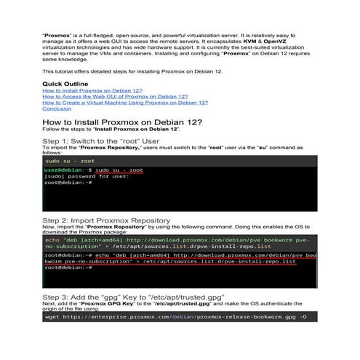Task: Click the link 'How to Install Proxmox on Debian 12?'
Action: point(92,90)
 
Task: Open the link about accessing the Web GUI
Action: point(114,96)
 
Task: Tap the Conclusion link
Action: point(57,108)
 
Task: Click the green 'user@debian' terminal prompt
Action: point(61,169)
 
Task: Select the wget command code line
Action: point(175,317)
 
